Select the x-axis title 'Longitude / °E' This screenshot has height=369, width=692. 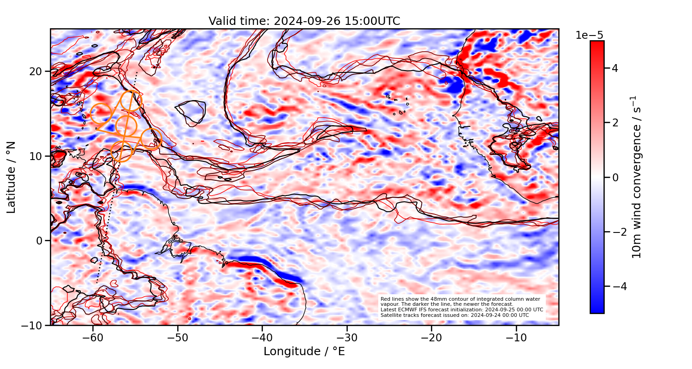304,351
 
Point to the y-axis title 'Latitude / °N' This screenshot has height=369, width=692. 12,177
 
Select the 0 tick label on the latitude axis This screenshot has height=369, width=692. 40,241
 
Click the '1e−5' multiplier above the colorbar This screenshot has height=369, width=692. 589,36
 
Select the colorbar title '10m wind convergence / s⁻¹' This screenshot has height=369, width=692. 637,177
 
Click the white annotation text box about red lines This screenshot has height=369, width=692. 461,307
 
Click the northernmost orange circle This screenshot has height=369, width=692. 131,101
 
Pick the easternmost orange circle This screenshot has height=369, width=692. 151,139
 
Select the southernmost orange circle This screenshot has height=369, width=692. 121,151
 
